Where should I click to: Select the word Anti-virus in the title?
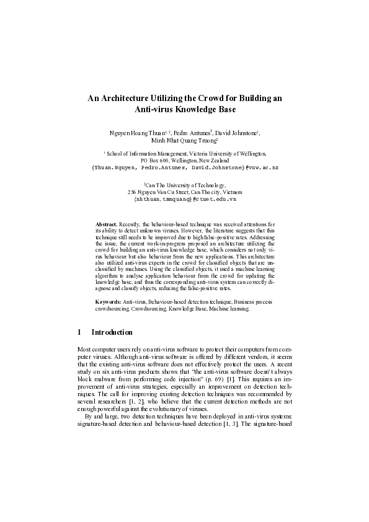(156, 110)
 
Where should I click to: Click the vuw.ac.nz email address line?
(184, 167)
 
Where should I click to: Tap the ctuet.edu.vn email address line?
(185, 200)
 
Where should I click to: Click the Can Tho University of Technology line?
(185, 185)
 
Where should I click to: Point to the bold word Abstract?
(105, 222)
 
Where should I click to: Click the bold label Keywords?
(108, 301)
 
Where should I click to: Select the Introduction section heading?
(112, 332)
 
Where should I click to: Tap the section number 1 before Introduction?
(78, 332)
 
